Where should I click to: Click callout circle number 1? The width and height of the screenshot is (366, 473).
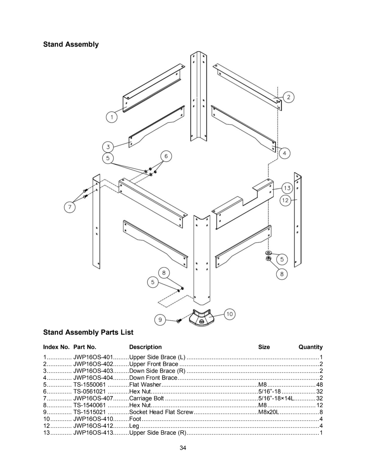[x=112, y=117]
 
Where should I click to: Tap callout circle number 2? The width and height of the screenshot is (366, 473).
[x=288, y=97]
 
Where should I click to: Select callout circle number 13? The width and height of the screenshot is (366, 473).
[x=287, y=188]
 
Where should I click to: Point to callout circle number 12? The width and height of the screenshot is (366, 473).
[x=285, y=200]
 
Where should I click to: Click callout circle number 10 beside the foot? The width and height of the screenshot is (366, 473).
[x=229, y=314]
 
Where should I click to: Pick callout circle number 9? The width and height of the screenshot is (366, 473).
[x=160, y=320]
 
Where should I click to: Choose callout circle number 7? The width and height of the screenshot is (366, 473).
[x=70, y=207]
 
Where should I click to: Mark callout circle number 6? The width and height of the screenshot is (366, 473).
[x=166, y=156]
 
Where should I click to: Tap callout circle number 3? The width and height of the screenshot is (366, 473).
[x=108, y=147]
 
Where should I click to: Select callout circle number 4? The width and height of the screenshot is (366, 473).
[x=285, y=153]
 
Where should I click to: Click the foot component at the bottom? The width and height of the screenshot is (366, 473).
[x=201, y=318]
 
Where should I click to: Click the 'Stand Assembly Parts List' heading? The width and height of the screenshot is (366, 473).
[x=88, y=332]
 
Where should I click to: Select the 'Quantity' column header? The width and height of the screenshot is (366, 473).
[x=310, y=347]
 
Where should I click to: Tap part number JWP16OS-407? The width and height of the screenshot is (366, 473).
[x=93, y=399]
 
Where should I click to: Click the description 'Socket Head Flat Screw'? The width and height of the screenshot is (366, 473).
[x=161, y=412]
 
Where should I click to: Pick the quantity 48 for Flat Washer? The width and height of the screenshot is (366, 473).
[x=319, y=385]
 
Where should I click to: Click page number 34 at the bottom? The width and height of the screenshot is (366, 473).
[x=183, y=448]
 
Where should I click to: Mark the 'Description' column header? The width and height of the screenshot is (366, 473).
[x=145, y=347]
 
